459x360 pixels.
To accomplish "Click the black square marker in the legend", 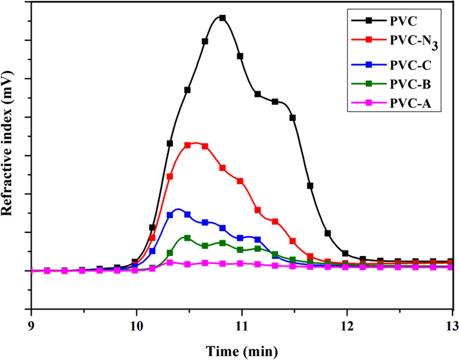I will pyautogui.click(x=368, y=20).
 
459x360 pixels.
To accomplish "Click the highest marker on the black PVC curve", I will pyautogui.click(x=222, y=18).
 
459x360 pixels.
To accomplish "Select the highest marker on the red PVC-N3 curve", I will pyautogui.click(x=187, y=145).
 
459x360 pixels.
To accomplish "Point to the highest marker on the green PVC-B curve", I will pyautogui.click(x=187, y=238).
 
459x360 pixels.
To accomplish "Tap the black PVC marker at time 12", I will pyautogui.click(x=345, y=254).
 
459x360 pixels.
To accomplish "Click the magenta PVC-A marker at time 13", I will pyautogui.click(x=451, y=267).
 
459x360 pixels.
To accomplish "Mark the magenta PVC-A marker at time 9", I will pyautogui.click(x=32, y=271).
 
